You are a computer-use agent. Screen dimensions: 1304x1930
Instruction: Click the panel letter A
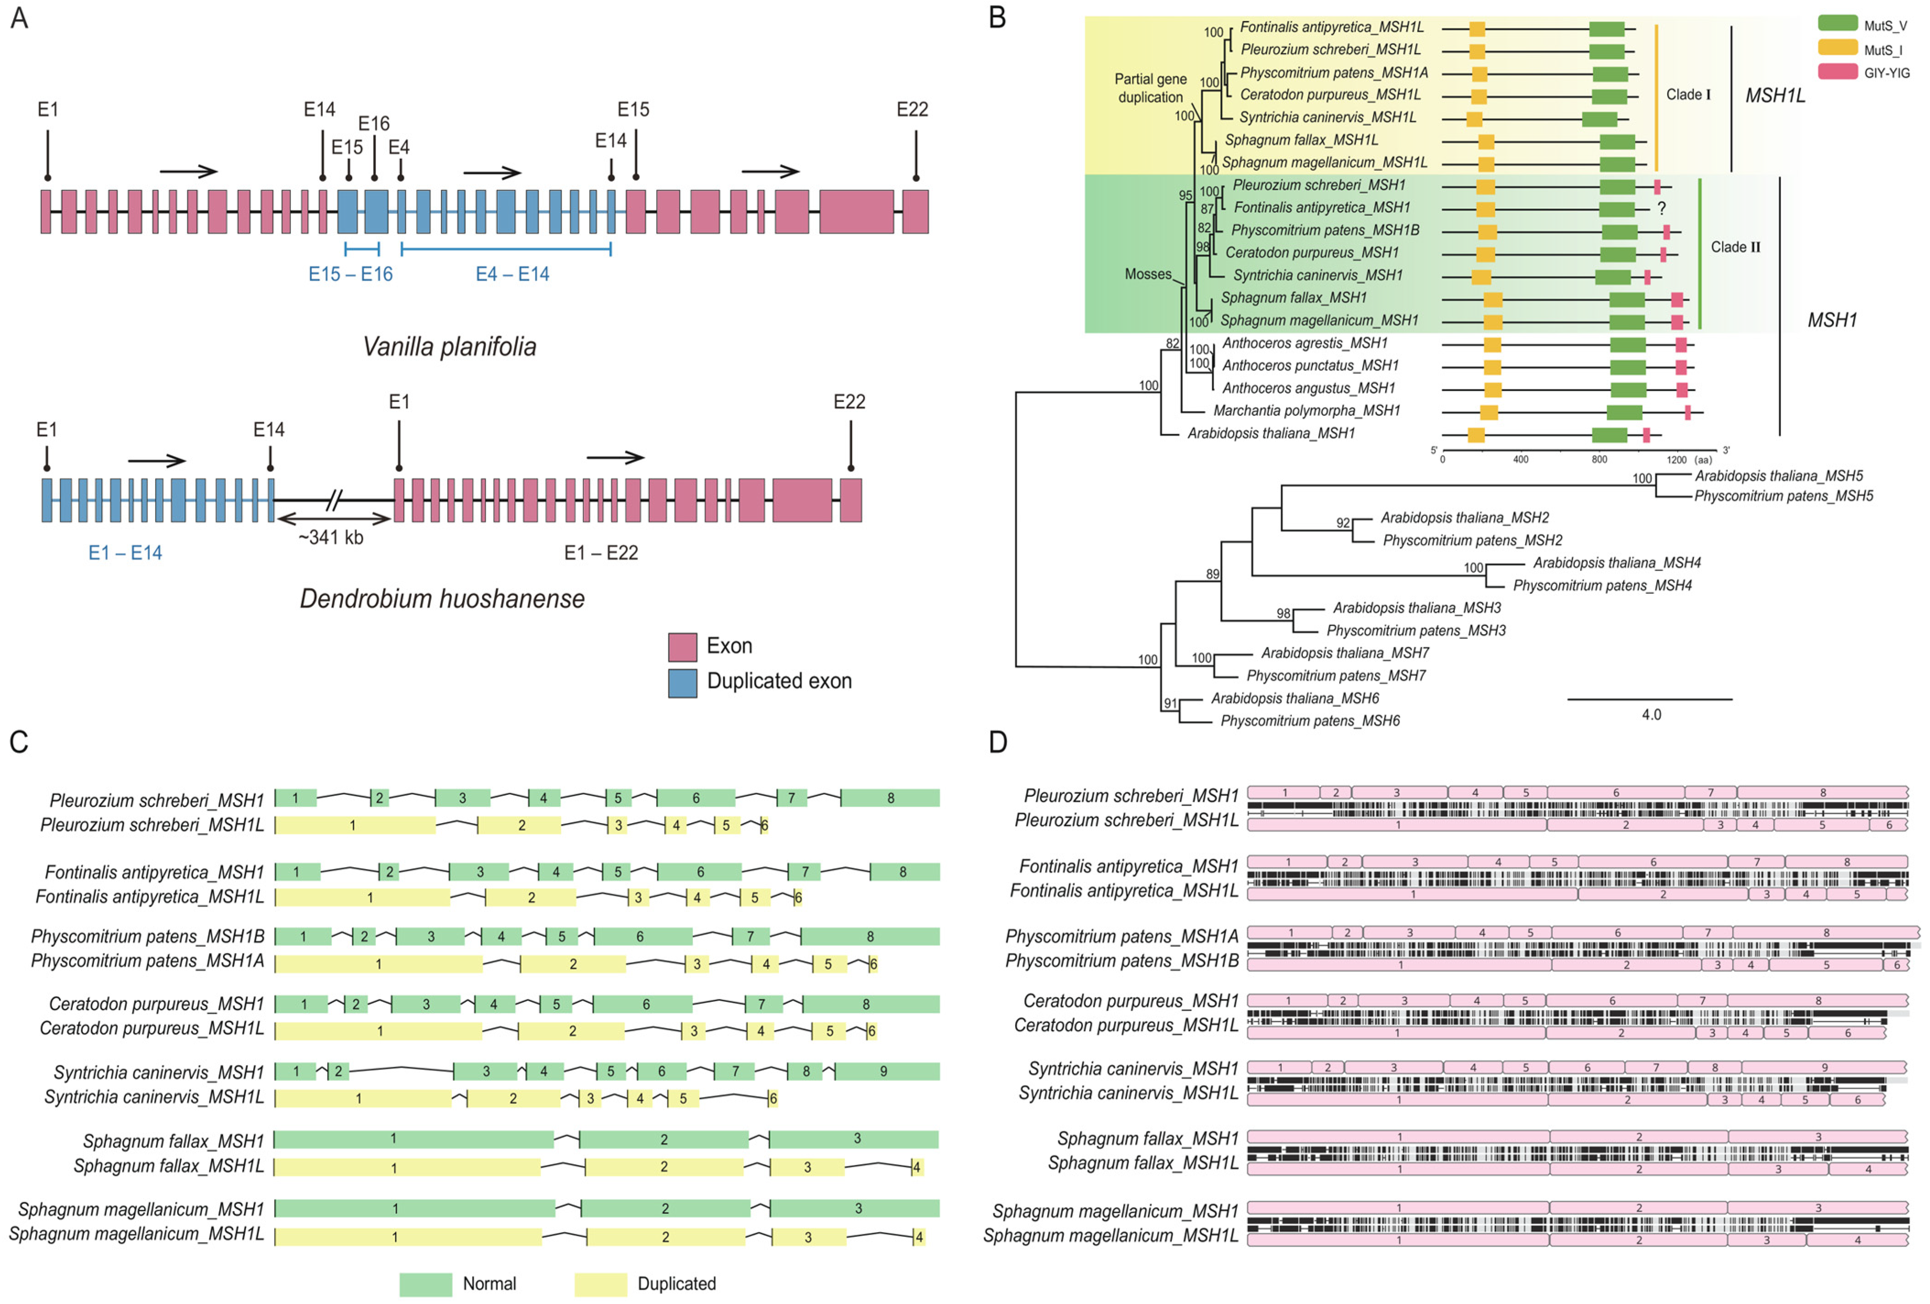pos(19,18)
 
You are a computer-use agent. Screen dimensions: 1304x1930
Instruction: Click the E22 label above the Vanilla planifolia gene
pos(912,109)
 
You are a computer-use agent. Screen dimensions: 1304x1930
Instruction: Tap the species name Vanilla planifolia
pos(449,346)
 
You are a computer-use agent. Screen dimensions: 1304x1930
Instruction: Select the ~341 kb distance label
pos(331,538)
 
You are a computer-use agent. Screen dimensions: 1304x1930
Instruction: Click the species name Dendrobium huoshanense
pos(442,599)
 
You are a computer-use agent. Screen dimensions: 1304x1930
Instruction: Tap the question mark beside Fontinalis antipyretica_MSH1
pos(1661,208)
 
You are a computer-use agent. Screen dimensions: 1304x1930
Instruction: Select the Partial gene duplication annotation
pos(1150,88)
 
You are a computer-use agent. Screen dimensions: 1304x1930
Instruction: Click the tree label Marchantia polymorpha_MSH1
pos(1306,410)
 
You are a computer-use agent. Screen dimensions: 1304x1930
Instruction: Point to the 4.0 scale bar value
pos(1651,714)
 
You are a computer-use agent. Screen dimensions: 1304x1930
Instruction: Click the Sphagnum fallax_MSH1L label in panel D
pos(1143,1163)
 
